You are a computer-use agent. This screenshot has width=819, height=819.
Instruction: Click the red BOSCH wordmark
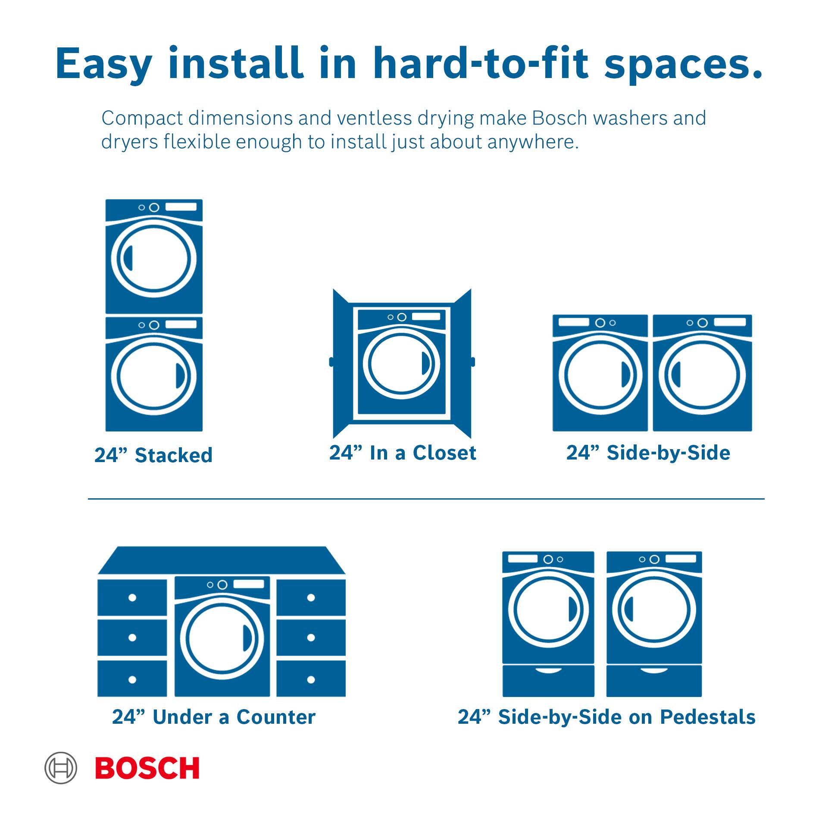(147, 768)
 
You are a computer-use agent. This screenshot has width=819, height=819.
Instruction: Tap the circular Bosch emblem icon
(61, 768)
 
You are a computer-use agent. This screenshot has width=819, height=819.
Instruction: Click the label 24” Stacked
(153, 455)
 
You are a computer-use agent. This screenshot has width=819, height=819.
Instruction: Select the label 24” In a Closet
(403, 453)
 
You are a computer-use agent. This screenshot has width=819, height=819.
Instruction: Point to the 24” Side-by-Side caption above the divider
(648, 453)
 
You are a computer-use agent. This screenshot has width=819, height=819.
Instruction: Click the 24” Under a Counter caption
(214, 717)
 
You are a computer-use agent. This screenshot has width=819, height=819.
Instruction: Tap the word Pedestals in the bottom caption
(708, 717)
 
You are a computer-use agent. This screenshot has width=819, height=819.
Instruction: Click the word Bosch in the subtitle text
(560, 118)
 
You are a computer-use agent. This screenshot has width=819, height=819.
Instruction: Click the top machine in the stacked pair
(154, 256)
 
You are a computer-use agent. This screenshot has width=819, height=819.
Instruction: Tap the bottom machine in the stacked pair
(154, 374)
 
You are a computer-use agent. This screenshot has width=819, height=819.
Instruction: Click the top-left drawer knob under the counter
(132, 597)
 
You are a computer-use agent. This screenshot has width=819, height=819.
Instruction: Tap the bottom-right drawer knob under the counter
(311, 680)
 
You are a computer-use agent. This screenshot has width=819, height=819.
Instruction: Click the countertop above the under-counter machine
(222, 560)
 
